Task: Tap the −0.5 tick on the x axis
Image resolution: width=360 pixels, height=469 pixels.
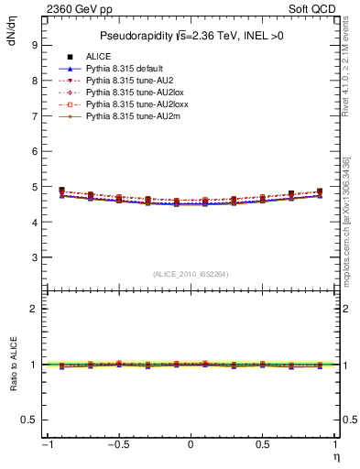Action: (117, 444)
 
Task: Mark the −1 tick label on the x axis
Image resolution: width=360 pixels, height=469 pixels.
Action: (46, 444)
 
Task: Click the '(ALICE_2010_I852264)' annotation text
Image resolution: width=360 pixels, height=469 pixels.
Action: (191, 274)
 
